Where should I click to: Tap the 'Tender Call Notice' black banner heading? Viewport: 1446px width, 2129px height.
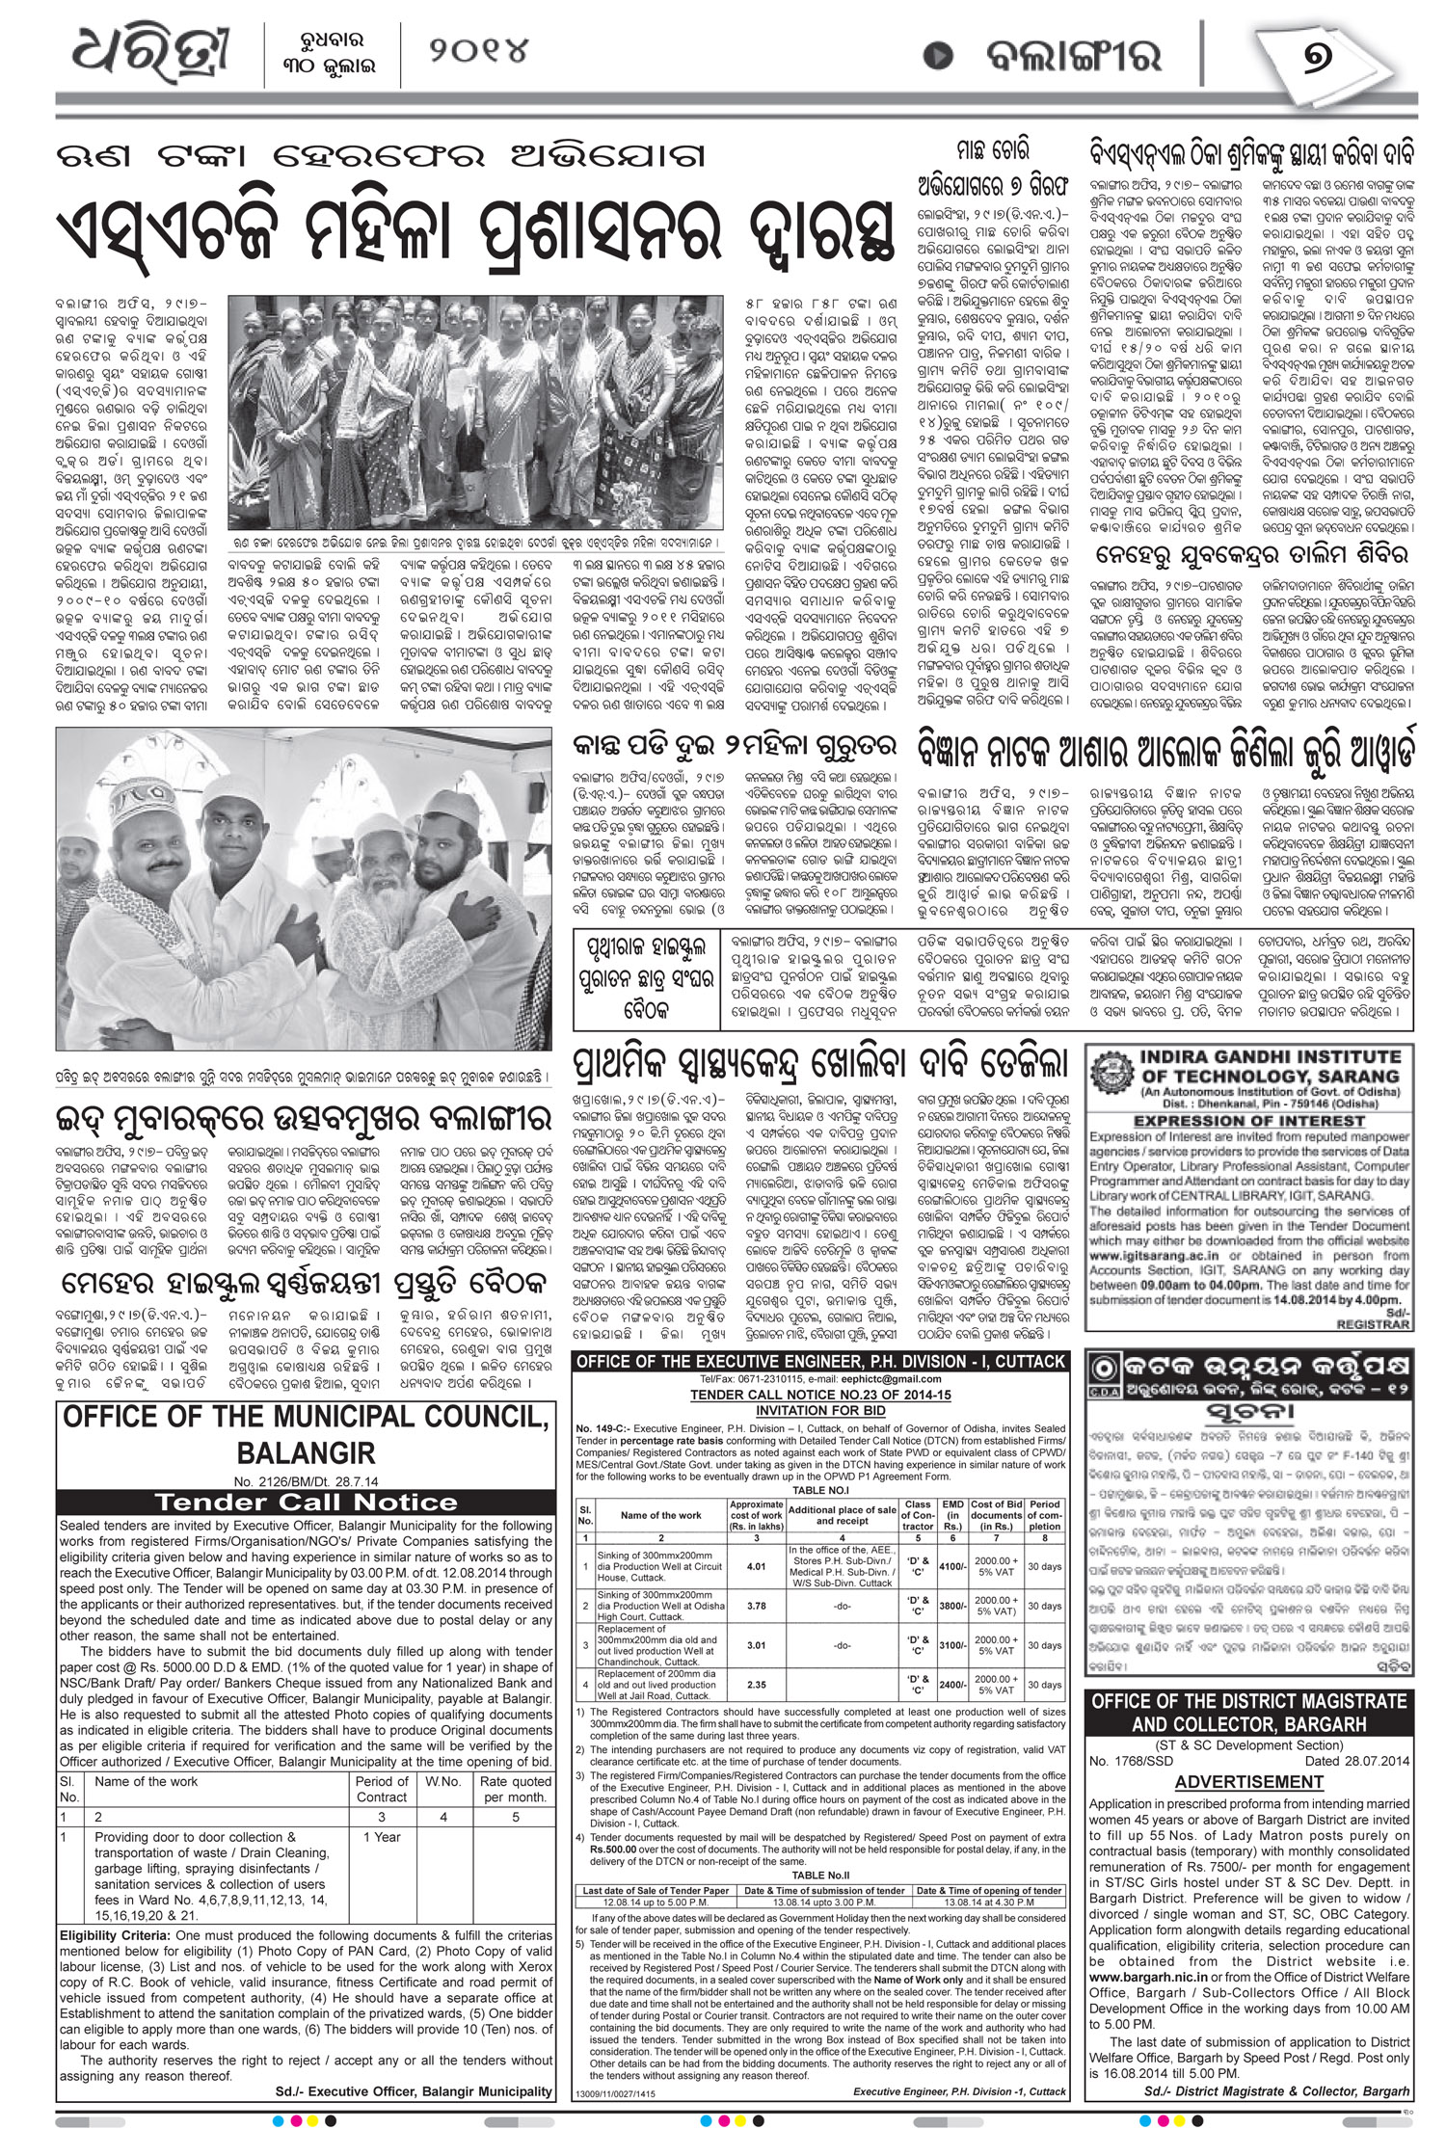click(307, 1502)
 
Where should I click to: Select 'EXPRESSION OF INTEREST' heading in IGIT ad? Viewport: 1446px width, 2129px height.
click(1248, 1121)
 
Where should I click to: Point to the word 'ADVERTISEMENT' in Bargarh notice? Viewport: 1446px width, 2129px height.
click(1248, 1782)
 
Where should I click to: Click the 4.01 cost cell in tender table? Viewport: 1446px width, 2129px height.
click(756, 1567)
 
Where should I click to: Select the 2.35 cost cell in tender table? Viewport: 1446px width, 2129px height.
click(756, 1685)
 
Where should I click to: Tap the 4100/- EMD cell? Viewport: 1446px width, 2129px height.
click(951, 1567)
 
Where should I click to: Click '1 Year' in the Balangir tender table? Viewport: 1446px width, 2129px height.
click(382, 1838)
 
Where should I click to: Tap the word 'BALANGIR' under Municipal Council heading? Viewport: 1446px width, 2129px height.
click(307, 1452)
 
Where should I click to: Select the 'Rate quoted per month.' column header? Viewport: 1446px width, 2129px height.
click(516, 1789)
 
